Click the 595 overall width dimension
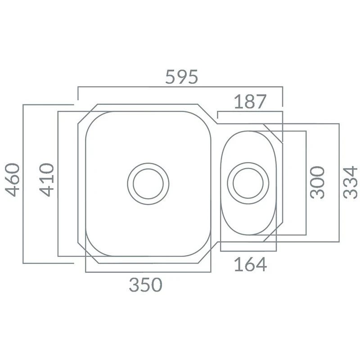[181, 76]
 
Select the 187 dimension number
[250, 102]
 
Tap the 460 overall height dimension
[12, 180]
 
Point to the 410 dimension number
[47, 180]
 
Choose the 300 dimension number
[317, 183]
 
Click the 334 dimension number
[351, 183]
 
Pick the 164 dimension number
[251, 265]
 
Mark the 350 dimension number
[145, 285]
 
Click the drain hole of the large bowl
[148, 184]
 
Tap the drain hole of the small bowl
[248, 183]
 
